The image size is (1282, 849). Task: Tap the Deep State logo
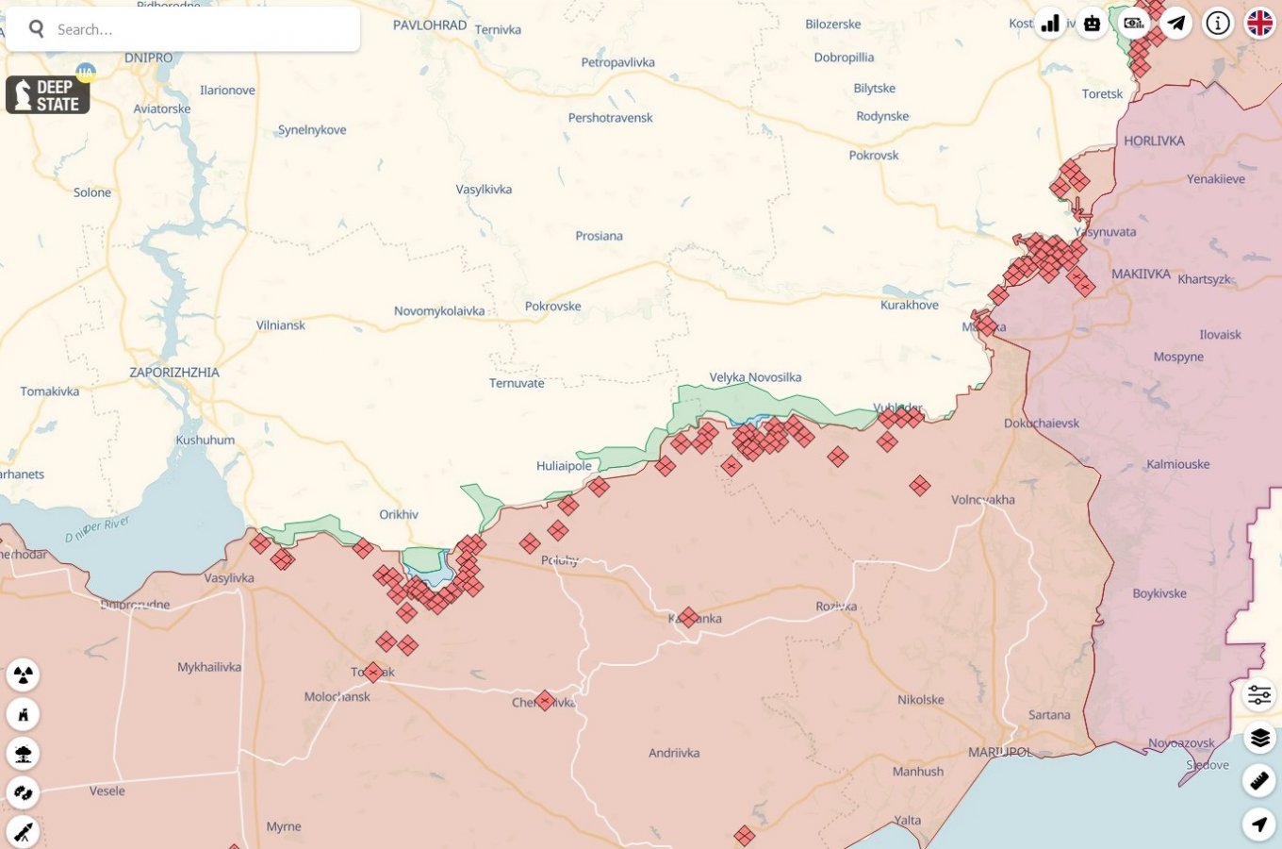click(47, 95)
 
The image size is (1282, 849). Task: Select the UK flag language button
click(1259, 24)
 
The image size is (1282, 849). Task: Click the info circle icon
click(1218, 24)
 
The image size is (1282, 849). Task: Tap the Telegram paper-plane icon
click(1176, 24)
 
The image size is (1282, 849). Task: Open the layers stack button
click(1259, 738)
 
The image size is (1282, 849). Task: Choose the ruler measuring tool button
click(1259, 780)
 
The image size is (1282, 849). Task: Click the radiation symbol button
click(24, 674)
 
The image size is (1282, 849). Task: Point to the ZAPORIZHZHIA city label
click(174, 373)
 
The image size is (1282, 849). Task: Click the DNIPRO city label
click(149, 58)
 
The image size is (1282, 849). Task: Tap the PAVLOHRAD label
click(430, 25)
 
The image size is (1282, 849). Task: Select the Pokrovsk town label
click(874, 156)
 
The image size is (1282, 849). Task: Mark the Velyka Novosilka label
click(755, 377)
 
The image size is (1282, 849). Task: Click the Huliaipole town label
click(564, 466)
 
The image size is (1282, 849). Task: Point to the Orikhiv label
click(399, 515)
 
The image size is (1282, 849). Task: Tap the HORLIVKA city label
click(1154, 141)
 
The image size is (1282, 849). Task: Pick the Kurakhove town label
click(910, 306)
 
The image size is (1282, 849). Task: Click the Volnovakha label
click(983, 500)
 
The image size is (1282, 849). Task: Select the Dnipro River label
click(97, 530)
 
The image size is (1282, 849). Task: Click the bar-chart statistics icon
click(1050, 24)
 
